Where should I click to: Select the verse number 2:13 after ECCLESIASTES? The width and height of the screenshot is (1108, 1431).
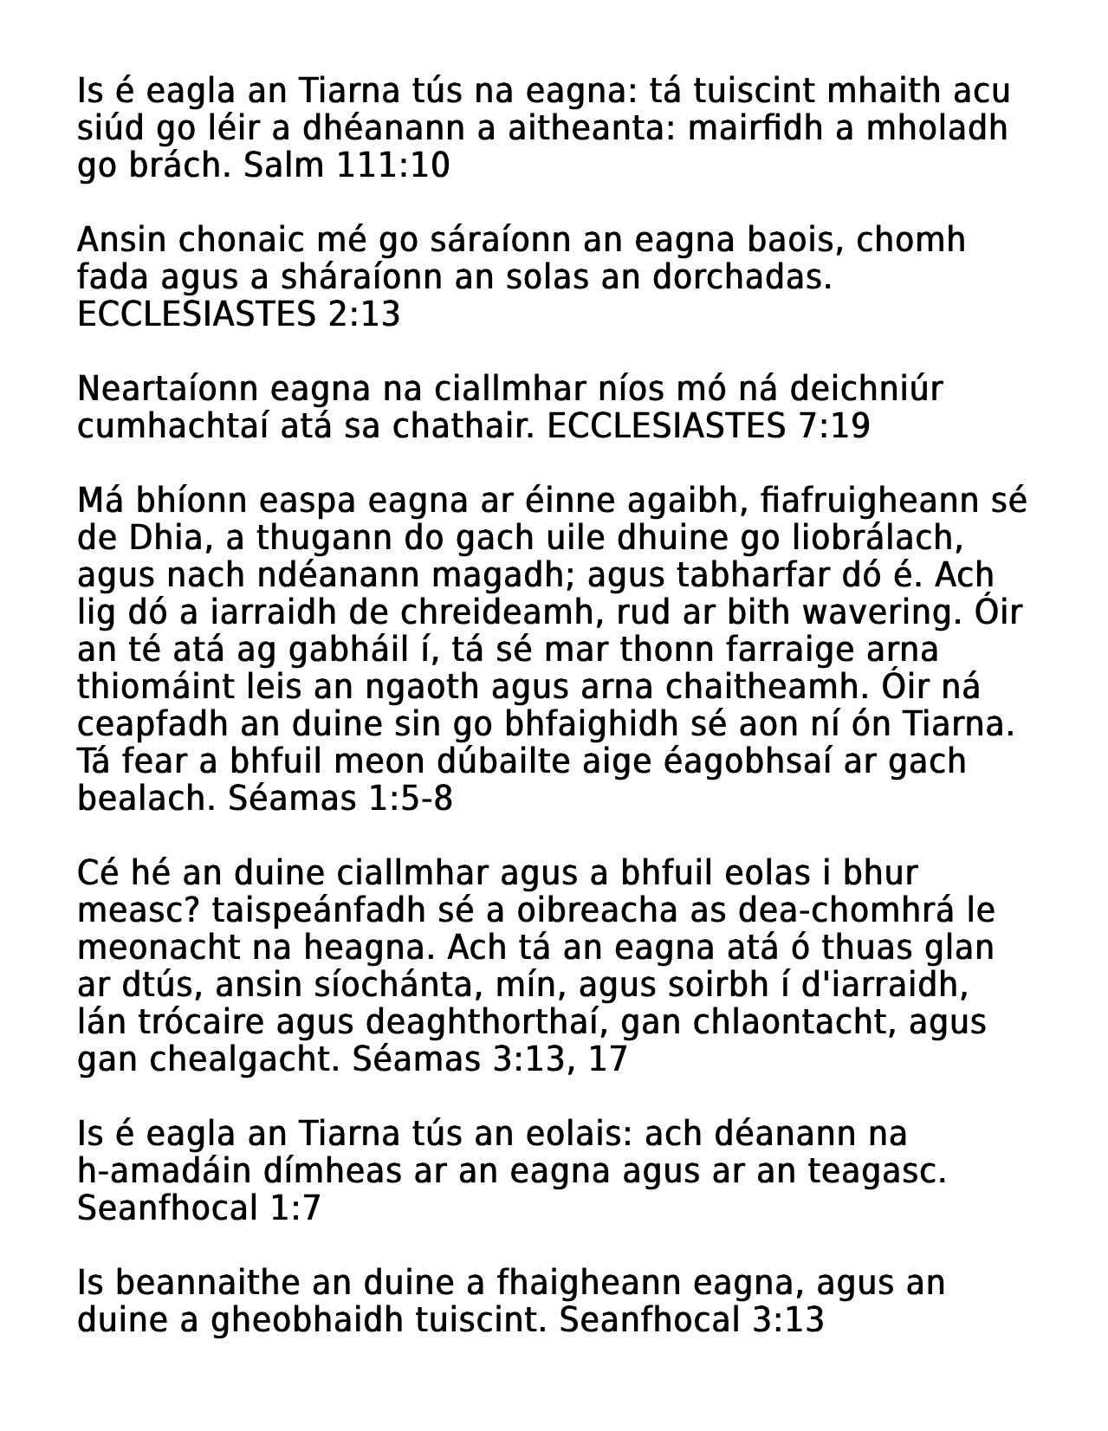(364, 314)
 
